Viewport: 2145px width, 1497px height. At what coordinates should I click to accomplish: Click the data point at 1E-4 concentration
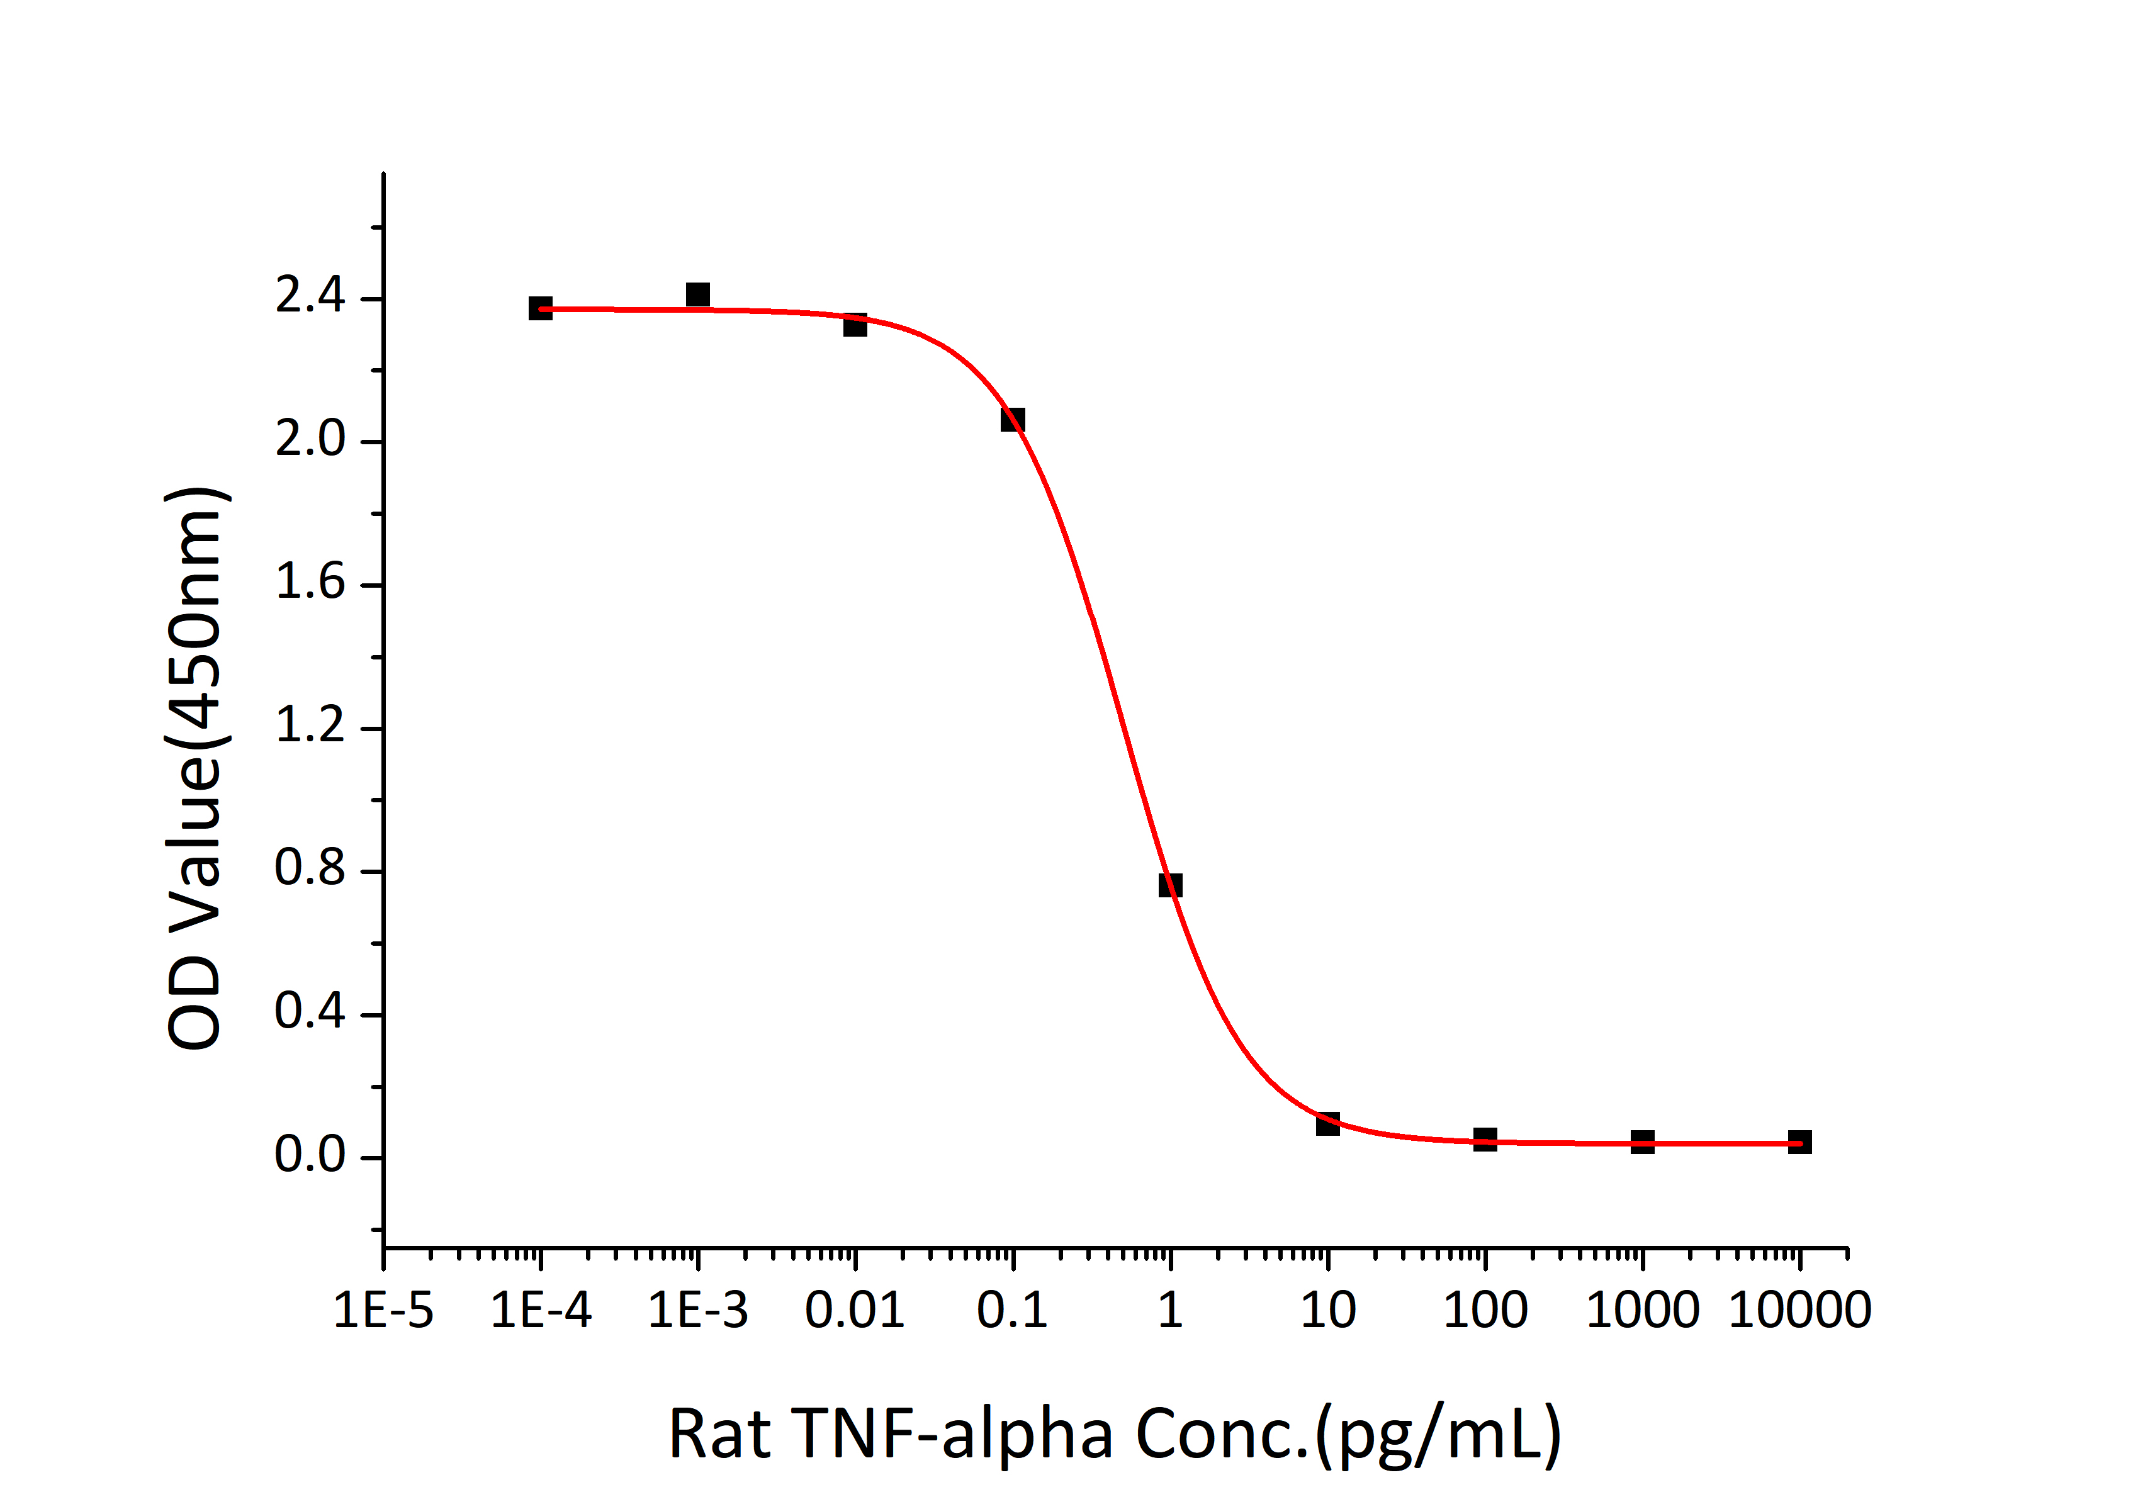pyautogui.click(x=540, y=308)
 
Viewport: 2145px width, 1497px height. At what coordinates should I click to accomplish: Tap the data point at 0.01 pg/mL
pyautogui.click(x=855, y=325)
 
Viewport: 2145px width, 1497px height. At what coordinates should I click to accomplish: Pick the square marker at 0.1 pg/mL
pyautogui.click(x=1013, y=419)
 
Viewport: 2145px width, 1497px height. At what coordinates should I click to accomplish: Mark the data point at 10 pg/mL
pyautogui.click(x=1327, y=1123)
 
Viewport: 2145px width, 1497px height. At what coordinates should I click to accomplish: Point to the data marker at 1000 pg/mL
pyautogui.click(x=1642, y=1141)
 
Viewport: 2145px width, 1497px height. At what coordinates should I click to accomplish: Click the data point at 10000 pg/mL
pyautogui.click(x=1800, y=1141)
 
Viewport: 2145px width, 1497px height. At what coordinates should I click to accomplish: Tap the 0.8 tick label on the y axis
pyautogui.click(x=310, y=870)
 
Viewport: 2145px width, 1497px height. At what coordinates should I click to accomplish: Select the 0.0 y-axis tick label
pyautogui.click(x=310, y=1156)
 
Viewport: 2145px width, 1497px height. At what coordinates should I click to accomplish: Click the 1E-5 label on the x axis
pyautogui.click(x=384, y=1310)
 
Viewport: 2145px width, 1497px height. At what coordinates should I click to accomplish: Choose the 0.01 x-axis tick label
pyautogui.click(x=855, y=1310)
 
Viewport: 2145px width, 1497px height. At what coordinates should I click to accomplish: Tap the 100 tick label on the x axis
pyautogui.click(x=1485, y=1310)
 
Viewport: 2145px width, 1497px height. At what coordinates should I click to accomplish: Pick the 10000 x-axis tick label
pyautogui.click(x=1800, y=1310)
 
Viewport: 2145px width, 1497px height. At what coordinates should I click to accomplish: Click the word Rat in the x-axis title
pyautogui.click(x=719, y=1435)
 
